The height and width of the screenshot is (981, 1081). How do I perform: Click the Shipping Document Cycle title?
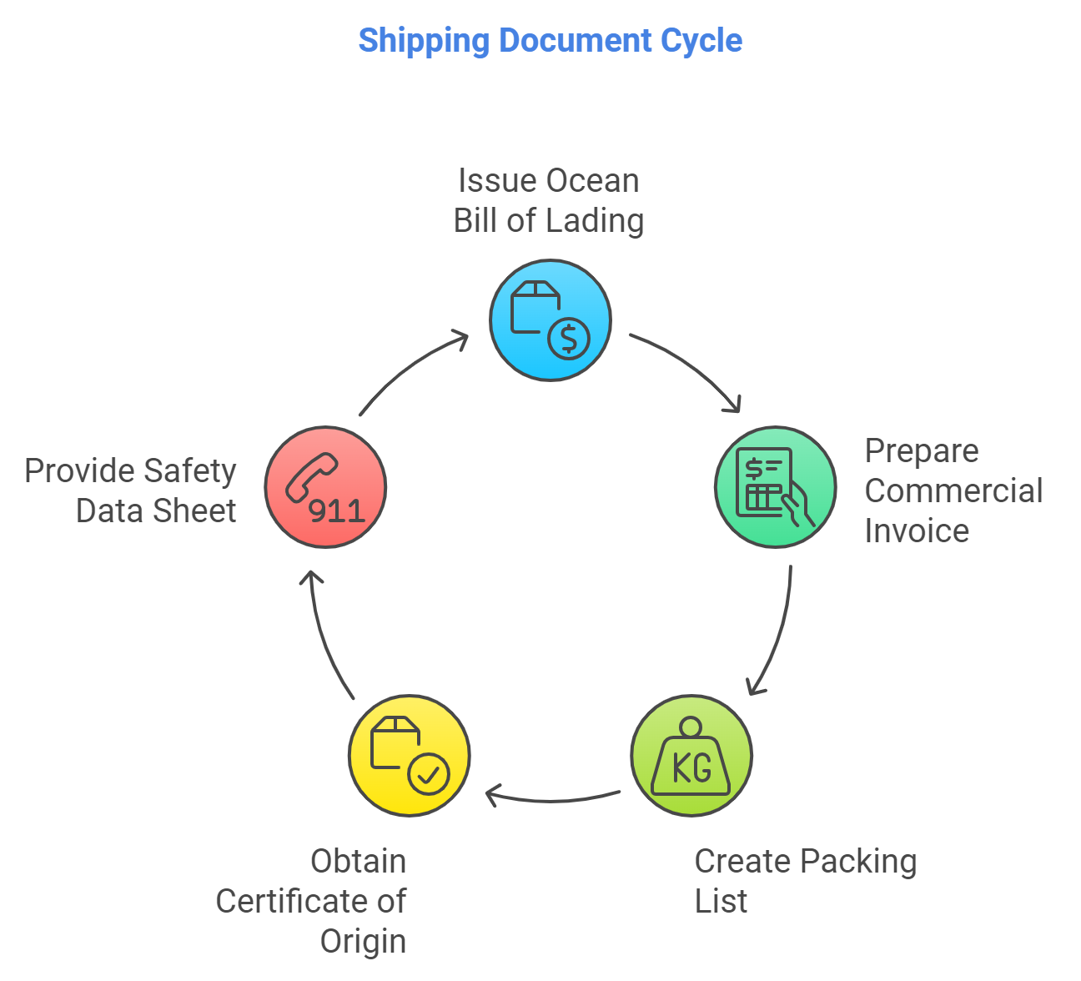(x=550, y=40)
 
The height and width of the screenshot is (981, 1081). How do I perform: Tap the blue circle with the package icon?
(x=550, y=320)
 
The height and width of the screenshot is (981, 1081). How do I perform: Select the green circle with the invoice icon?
(x=775, y=487)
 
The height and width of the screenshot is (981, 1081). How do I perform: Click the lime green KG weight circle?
(x=691, y=756)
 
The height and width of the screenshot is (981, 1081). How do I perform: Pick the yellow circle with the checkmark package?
(x=409, y=756)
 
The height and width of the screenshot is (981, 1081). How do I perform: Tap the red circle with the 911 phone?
(x=325, y=487)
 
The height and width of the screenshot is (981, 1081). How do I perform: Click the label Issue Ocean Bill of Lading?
(x=548, y=201)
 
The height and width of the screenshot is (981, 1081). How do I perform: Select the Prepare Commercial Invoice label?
(x=953, y=490)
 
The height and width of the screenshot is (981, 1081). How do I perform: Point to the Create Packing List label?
(x=804, y=881)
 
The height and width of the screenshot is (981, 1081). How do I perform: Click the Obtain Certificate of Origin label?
(x=312, y=901)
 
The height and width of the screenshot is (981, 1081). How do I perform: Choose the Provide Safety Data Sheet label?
(x=131, y=490)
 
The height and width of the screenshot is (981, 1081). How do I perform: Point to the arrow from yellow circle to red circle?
(x=327, y=634)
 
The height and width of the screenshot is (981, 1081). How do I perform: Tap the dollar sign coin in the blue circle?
(x=569, y=338)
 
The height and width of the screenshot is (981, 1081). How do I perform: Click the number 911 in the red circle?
(x=337, y=511)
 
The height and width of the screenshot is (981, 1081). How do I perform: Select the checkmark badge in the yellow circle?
(x=429, y=774)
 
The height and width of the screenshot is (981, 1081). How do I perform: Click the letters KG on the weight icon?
(x=691, y=768)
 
